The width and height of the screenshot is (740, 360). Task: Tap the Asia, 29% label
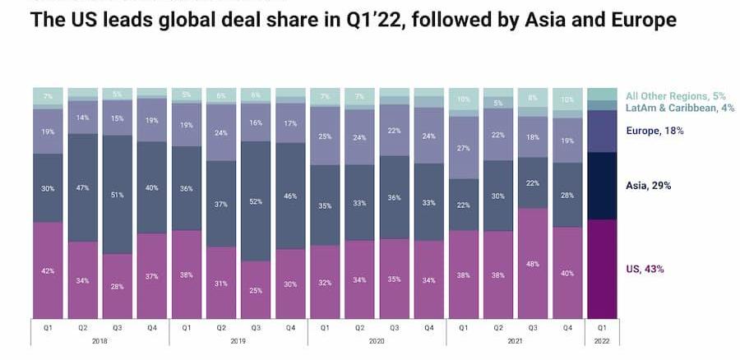[x=648, y=186]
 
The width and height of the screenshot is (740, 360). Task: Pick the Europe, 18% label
[x=654, y=131]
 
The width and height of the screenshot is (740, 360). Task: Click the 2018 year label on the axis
[x=100, y=339]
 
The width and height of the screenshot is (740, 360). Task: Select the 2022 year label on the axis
[x=602, y=339]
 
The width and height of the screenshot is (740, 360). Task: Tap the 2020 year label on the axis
[x=377, y=339]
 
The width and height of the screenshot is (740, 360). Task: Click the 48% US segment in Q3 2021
[x=533, y=263]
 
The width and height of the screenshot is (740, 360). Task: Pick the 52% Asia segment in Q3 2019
[x=256, y=201]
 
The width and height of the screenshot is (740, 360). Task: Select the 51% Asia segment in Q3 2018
[x=118, y=195]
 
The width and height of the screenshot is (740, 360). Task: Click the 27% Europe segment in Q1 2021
[x=464, y=148]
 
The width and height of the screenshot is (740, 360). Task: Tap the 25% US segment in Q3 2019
[x=256, y=289]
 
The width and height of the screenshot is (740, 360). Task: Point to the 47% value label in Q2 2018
[x=83, y=188]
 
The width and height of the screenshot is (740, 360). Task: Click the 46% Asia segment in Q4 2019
[x=291, y=196]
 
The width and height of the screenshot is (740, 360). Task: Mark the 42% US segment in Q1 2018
[x=49, y=270]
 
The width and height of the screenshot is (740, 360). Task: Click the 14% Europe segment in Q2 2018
[x=83, y=118]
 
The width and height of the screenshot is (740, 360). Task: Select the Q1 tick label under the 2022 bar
[x=602, y=326]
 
